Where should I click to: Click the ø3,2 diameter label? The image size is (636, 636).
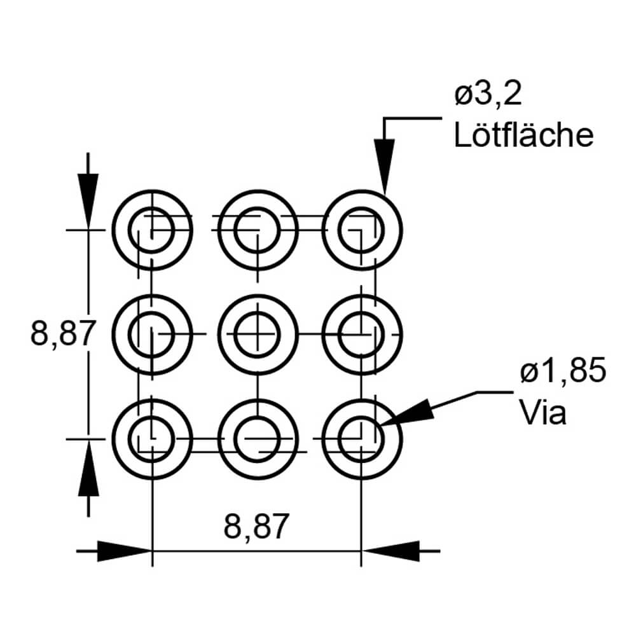[x=488, y=97]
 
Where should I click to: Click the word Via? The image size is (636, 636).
[x=543, y=412]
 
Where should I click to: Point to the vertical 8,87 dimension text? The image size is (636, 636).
[x=63, y=333]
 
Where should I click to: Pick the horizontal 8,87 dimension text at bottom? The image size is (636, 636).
[x=256, y=527]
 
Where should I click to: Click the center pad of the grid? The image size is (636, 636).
[x=257, y=334]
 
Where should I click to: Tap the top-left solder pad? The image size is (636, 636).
[x=152, y=230]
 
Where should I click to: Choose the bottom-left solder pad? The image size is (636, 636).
[x=152, y=438]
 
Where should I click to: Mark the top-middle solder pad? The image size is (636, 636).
[x=257, y=230]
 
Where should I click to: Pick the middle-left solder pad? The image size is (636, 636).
[x=152, y=334]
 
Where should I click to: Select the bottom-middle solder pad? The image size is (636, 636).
[x=257, y=438]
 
